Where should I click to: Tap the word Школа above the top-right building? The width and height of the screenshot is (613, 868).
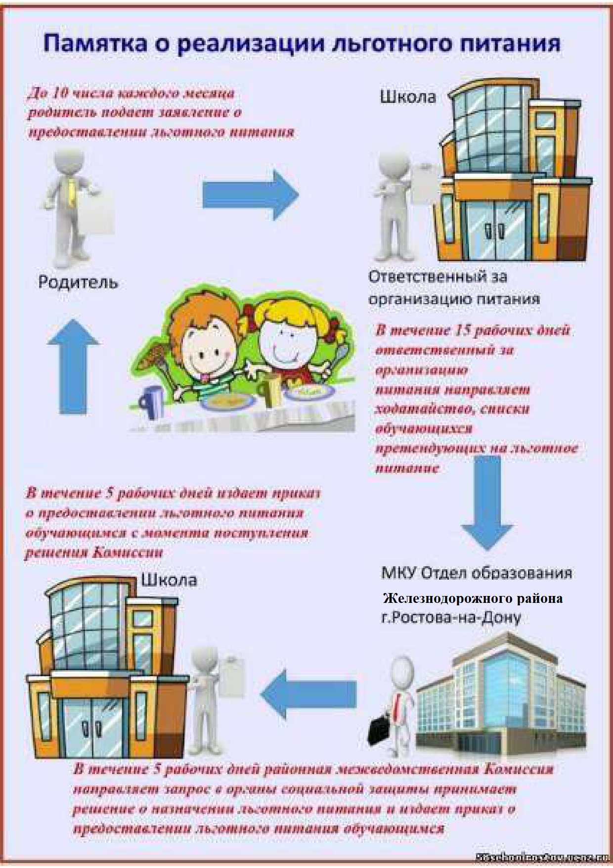click(x=408, y=96)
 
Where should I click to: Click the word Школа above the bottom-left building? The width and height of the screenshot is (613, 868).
click(x=169, y=579)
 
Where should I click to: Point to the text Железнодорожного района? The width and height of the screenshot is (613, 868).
click(x=473, y=598)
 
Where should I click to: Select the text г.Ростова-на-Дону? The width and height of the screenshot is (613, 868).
click(x=451, y=617)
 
